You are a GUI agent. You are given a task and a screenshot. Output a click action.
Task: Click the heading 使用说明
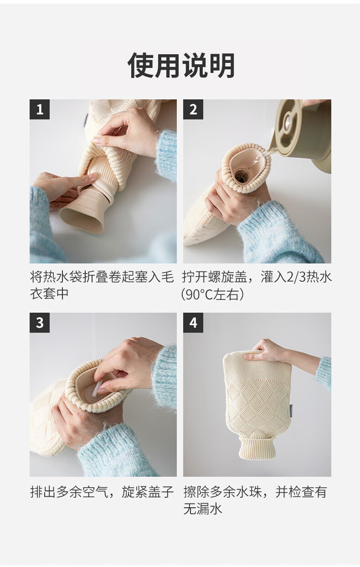pos(181,66)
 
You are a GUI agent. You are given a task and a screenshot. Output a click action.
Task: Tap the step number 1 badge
pos(40,109)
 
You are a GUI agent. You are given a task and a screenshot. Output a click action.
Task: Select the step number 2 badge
pos(193,109)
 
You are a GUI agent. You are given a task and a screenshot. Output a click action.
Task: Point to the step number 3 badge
pos(40,323)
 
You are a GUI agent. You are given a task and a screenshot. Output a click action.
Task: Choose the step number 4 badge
pos(193,323)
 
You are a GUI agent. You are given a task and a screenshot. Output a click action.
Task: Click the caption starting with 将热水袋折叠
pos(102,285)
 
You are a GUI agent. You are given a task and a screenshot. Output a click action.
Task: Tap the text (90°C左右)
pos(212,294)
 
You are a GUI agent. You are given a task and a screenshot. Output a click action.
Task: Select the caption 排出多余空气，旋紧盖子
pos(102,492)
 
